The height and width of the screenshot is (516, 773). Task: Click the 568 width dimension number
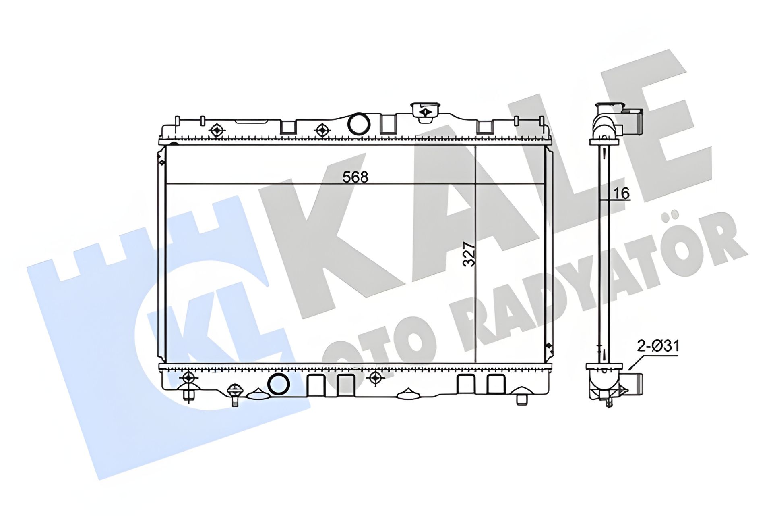[x=355, y=177]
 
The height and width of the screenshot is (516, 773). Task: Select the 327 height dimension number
[x=469, y=254]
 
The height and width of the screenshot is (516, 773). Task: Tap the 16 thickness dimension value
[x=621, y=193]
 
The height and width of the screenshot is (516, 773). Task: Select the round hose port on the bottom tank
[x=279, y=384]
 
